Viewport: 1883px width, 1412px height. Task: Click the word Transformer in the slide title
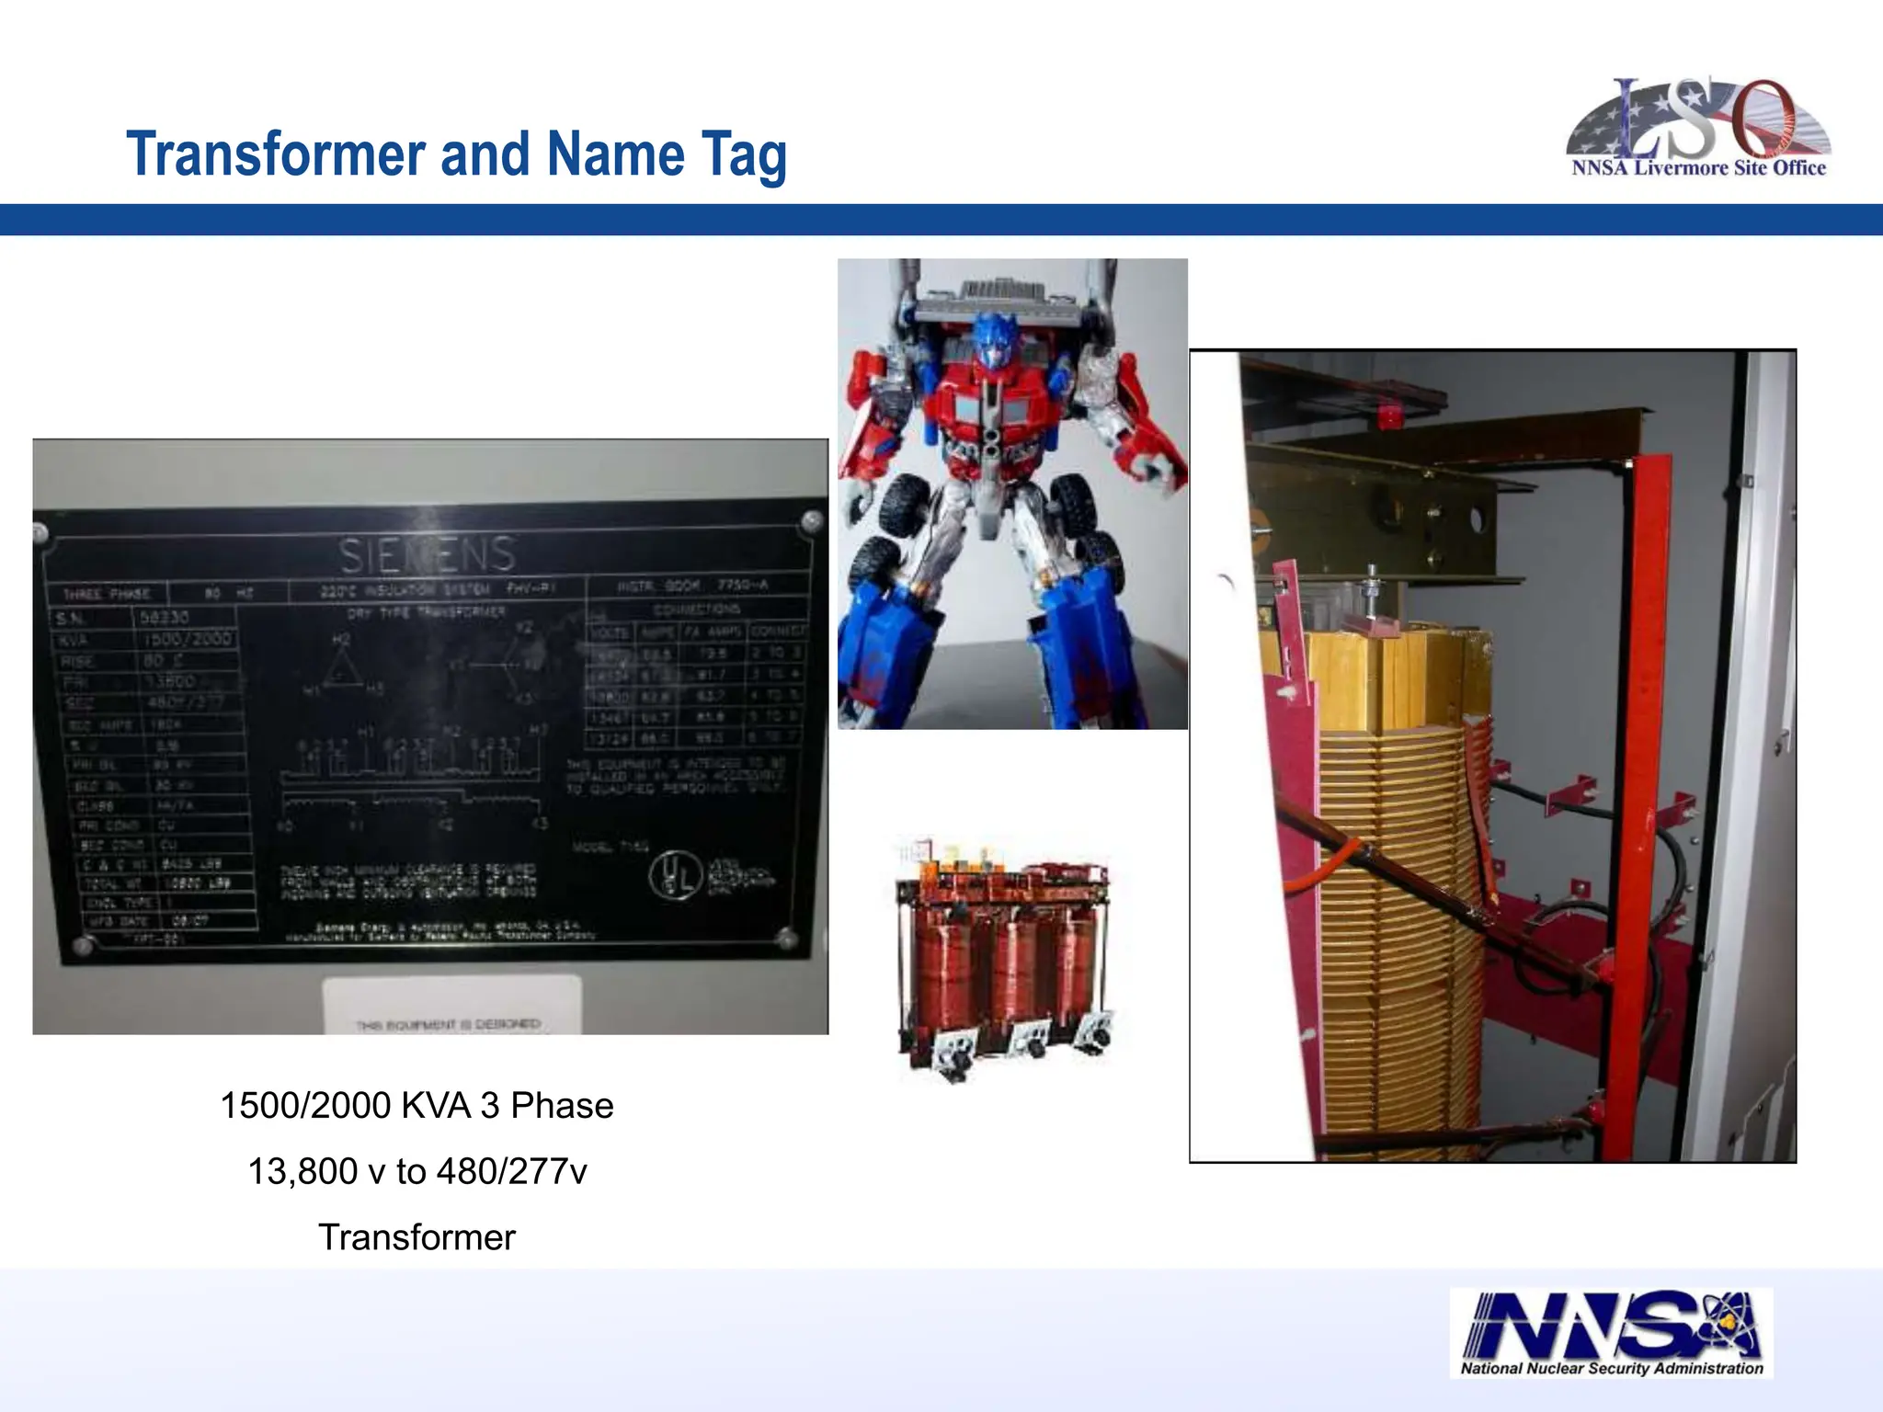279,154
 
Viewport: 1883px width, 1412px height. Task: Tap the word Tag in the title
744,154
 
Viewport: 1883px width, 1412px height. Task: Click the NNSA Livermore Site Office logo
1697,129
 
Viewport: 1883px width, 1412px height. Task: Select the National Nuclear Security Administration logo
1612,1332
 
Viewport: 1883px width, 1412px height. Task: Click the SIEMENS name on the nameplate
427,554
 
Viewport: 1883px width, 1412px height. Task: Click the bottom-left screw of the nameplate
82,944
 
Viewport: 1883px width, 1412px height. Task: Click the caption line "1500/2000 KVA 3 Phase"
417,1106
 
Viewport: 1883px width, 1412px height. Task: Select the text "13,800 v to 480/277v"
417,1172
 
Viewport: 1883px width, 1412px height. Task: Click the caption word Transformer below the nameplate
417,1238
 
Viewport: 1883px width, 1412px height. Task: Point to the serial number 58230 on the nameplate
165,618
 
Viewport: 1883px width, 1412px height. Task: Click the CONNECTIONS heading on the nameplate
696,609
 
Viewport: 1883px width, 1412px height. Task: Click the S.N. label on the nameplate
73,618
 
